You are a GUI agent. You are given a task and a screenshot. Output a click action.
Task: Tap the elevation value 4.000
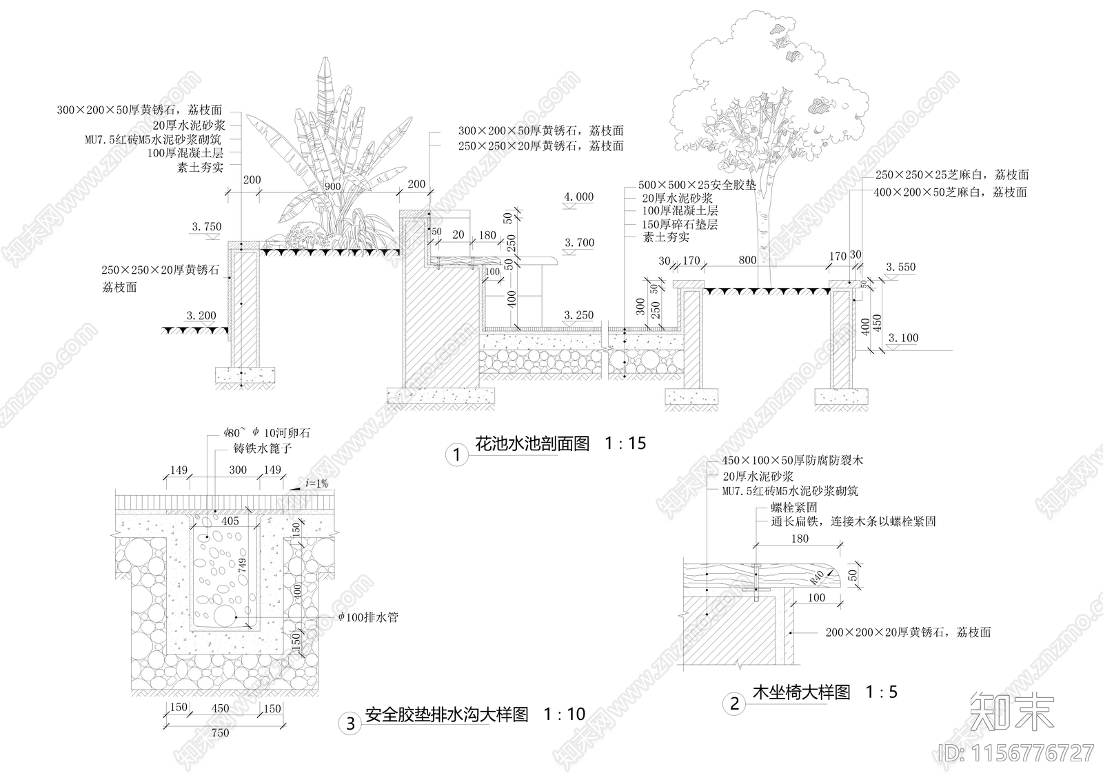tap(578, 197)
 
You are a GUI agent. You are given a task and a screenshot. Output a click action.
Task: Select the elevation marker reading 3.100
tap(903, 338)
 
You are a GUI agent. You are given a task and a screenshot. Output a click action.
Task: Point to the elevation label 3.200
tap(201, 316)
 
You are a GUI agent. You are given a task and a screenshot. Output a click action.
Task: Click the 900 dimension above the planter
tap(332, 187)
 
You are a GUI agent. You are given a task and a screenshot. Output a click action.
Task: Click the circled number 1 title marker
tap(456, 454)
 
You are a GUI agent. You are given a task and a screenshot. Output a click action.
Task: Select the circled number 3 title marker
tap(350, 723)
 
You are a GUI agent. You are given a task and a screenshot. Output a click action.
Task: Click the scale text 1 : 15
tap(625, 443)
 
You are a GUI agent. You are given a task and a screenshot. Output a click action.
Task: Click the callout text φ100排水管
tap(367, 617)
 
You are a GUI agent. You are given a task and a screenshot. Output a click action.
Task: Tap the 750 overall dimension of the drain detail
tap(220, 733)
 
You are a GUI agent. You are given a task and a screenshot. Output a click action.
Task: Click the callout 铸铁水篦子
tap(261, 449)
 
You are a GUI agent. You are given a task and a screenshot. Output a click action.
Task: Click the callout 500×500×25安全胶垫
tap(697, 186)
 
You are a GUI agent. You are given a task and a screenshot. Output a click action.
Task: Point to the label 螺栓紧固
tap(794, 508)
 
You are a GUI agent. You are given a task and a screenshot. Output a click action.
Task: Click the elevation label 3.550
tap(900, 267)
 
